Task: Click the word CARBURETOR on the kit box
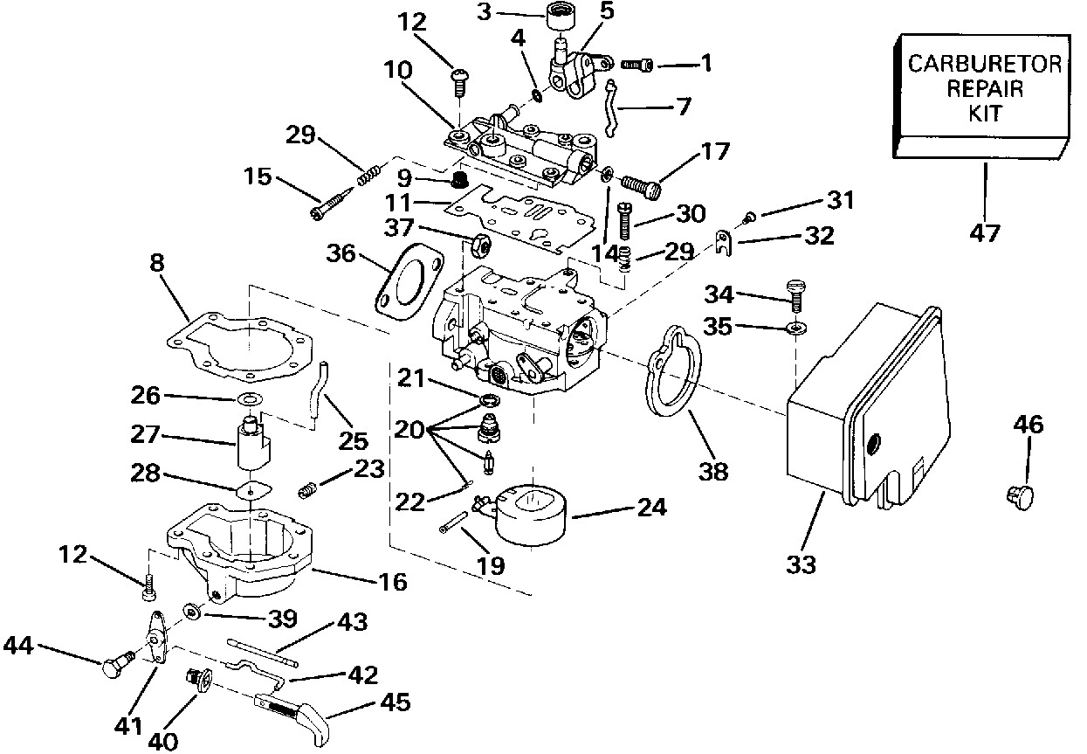[x=985, y=64]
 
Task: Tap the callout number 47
[x=984, y=233]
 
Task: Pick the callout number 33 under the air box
[x=801, y=565]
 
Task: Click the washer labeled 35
[x=795, y=329]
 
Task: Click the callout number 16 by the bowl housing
[x=394, y=581]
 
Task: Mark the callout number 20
[x=409, y=429]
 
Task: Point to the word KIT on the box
[x=985, y=114]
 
